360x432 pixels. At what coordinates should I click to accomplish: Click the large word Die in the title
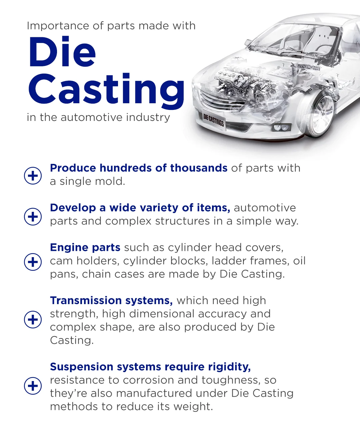click(x=62, y=52)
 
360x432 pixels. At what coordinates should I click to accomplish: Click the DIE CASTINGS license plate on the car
click(x=214, y=121)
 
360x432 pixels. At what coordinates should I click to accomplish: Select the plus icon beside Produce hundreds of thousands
click(x=33, y=175)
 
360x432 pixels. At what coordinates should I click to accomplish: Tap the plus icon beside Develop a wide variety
click(x=33, y=216)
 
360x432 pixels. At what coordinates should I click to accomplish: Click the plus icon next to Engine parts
click(x=33, y=262)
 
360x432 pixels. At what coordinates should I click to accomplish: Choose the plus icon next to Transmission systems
click(x=33, y=320)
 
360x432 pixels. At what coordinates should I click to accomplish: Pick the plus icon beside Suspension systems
click(x=33, y=386)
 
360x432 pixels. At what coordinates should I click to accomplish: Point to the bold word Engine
click(x=69, y=247)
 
